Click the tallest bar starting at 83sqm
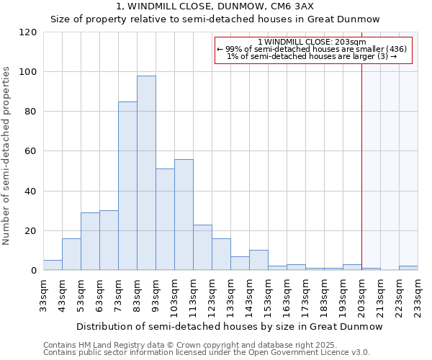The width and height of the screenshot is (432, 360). point(146,173)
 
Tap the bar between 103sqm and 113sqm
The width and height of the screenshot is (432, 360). point(184,215)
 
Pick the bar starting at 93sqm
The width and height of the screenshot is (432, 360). point(165,220)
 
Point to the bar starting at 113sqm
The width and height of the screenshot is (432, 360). point(202,248)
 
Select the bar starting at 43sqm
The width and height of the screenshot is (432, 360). point(71,254)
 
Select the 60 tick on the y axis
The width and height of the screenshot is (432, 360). point(32,151)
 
